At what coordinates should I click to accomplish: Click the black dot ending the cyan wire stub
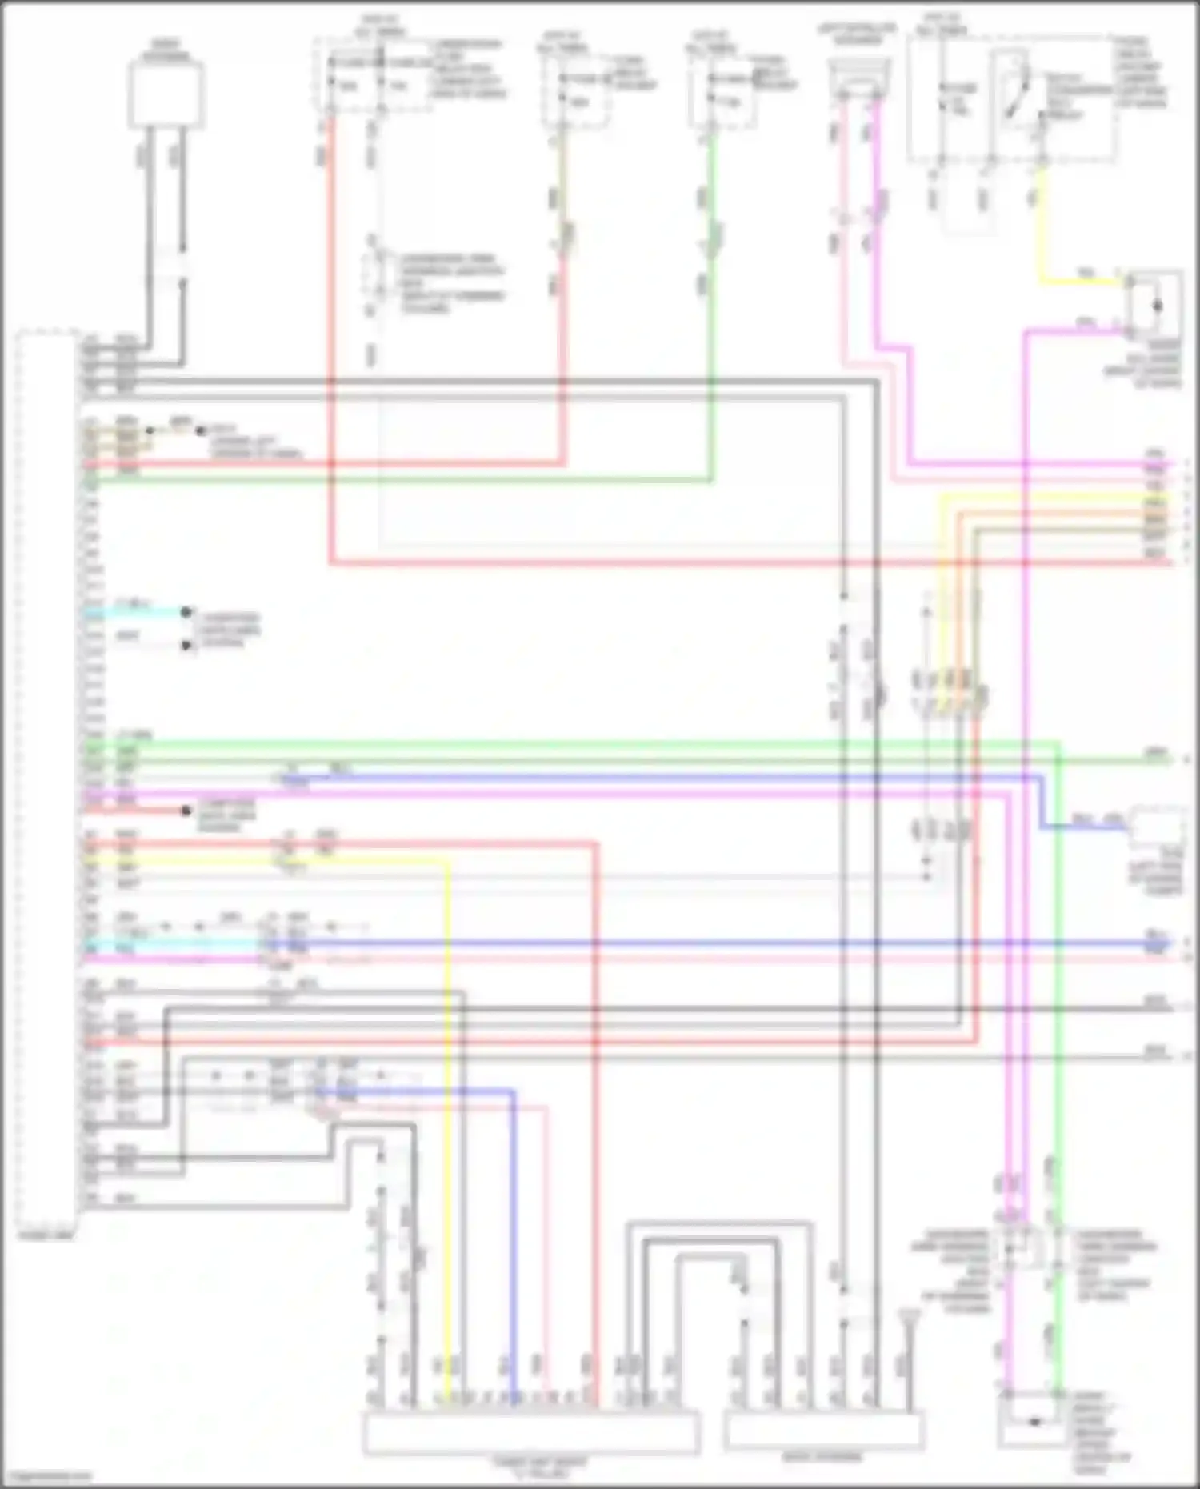tap(186, 613)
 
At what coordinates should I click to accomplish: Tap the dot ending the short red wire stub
tap(186, 811)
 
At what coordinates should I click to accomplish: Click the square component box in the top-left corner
tap(166, 94)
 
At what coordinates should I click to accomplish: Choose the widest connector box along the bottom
tap(531, 1433)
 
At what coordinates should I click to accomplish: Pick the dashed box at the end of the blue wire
tap(1157, 829)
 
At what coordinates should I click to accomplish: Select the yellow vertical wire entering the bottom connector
tap(447, 1160)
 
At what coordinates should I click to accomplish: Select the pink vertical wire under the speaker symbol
tap(842, 240)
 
